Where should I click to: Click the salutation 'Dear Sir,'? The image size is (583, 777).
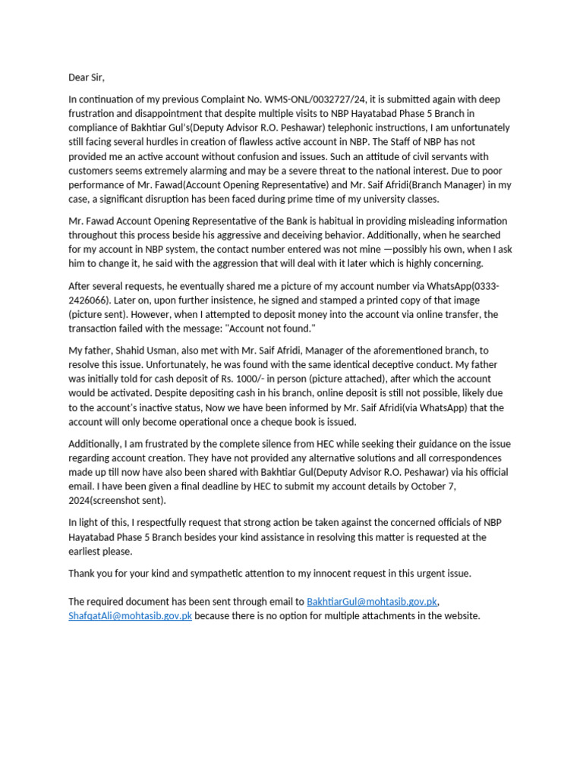click(87, 77)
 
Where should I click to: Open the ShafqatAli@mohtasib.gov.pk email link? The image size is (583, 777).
click(130, 615)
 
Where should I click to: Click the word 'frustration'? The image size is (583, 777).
click(93, 113)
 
